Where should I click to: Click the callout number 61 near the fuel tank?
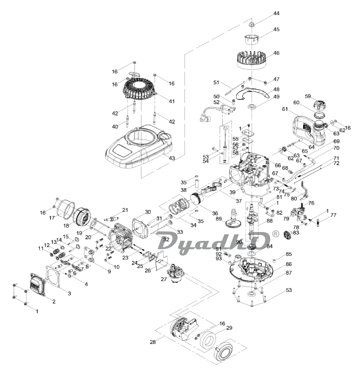285,109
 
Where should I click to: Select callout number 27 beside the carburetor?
164,280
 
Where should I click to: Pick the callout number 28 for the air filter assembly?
153,342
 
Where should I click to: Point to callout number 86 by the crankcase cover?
289,264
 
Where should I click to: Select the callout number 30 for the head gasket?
148,212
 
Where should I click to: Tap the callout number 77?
333,215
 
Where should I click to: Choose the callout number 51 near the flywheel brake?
216,82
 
